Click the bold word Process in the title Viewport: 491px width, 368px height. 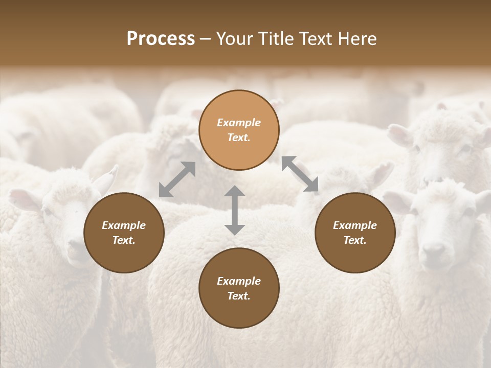161,39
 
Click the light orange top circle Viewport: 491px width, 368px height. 239,130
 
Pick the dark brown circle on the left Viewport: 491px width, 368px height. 124,233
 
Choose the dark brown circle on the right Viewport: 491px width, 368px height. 355,233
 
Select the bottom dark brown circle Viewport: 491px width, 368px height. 239,288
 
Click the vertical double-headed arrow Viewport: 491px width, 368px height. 235,210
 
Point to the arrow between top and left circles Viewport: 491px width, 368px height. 177,179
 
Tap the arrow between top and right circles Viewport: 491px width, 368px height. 300,174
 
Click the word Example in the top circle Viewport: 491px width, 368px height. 239,123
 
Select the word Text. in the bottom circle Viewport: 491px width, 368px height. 239,296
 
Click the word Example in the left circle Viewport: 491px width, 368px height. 124,225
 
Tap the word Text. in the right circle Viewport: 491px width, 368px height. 355,240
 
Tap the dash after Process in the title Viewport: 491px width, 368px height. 206,39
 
